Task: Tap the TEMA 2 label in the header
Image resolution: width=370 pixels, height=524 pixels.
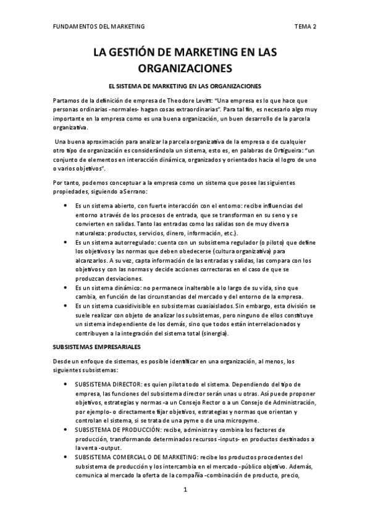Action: pyautogui.click(x=305, y=27)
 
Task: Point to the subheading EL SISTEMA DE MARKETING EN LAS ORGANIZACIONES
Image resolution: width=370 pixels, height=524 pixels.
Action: pyautogui.click(x=185, y=86)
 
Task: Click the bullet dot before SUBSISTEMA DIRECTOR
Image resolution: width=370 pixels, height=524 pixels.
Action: pyautogui.click(x=66, y=384)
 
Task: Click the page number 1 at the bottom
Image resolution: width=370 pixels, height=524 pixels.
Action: pyautogui.click(x=185, y=490)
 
